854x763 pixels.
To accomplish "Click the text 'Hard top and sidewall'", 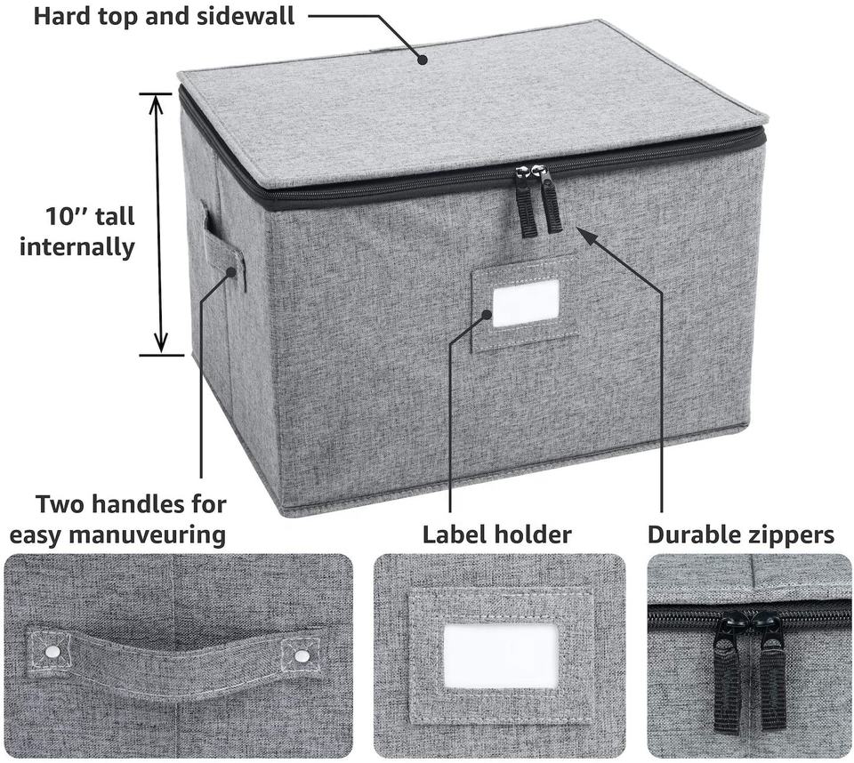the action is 164,16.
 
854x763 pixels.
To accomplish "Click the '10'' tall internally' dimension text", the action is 77,231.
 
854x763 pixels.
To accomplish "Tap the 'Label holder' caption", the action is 496,534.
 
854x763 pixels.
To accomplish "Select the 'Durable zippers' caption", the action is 740,534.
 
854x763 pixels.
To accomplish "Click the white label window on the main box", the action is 526,303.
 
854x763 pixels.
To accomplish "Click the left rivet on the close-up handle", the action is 52,652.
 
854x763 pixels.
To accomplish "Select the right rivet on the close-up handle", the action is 302,656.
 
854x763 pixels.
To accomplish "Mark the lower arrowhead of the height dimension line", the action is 160,345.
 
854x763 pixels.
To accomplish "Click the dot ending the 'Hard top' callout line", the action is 422,60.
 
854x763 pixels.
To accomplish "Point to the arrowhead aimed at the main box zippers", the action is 583,233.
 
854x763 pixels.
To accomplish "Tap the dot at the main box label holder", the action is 486,313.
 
